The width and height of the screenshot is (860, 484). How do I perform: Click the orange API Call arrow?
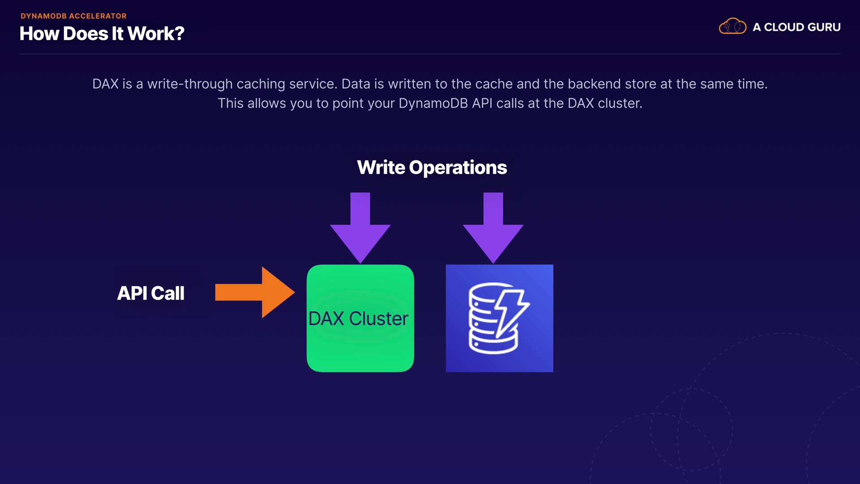click(x=254, y=292)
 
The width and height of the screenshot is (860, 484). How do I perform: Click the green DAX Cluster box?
click(x=360, y=318)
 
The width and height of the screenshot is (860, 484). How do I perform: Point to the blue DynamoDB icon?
click(x=499, y=318)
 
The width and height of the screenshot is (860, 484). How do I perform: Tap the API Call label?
click(x=150, y=293)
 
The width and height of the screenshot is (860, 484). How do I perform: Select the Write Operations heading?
click(x=432, y=168)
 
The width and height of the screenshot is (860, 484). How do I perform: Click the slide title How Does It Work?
click(x=102, y=34)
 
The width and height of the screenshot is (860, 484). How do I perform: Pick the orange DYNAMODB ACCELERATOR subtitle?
click(x=73, y=16)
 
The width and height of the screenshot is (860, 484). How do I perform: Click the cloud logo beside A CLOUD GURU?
click(x=732, y=26)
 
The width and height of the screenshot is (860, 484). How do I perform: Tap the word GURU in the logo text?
click(x=824, y=27)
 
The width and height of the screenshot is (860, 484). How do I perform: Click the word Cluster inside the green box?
click(x=378, y=319)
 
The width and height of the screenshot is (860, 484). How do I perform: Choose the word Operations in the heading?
click(x=458, y=168)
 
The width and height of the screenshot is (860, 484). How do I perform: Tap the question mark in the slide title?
click(x=179, y=34)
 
